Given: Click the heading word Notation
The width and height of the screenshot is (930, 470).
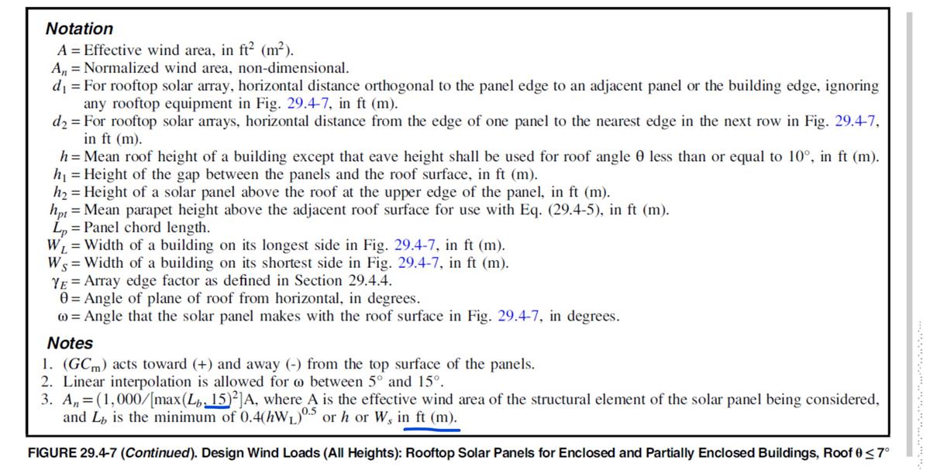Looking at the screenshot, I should (x=79, y=29).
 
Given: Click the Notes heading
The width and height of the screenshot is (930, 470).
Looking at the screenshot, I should (x=70, y=343).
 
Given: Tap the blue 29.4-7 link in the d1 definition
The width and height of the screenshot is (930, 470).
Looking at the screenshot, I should (x=309, y=103).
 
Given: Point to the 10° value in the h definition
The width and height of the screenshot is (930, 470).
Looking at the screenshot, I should (x=791, y=156).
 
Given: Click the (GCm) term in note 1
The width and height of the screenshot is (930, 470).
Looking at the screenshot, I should (x=84, y=364).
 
